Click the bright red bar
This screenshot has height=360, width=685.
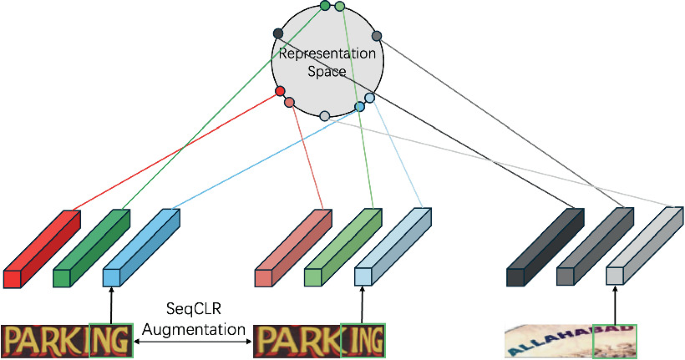pyautogui.click(x=40, y=248)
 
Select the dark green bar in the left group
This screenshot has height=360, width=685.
pyautogui.click(x=90, y=248)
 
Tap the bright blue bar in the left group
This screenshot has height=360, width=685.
pyautogui.click(x=140, y=248)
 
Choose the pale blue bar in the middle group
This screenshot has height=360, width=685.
pyautogui.click(x=392, y=248)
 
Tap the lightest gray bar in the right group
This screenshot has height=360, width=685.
pyautogui.click(x=644, y=248)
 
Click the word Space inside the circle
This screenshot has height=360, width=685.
pyautogui.click(x=327, y=73)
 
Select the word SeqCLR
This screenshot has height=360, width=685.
pyautogui.click(x=195, y=311)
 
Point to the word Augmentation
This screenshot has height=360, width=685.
pyautogui.click(x=195, y=328)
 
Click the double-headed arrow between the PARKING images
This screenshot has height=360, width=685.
pyautogui.click(x=193, y=342)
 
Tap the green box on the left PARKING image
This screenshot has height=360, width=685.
pyautogui.click(x=110, y=340)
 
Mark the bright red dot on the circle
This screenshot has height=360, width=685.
pyautogui.click(x=281, y=93)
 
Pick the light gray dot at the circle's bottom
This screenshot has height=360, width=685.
pyautogui.click(x=324, y=118)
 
